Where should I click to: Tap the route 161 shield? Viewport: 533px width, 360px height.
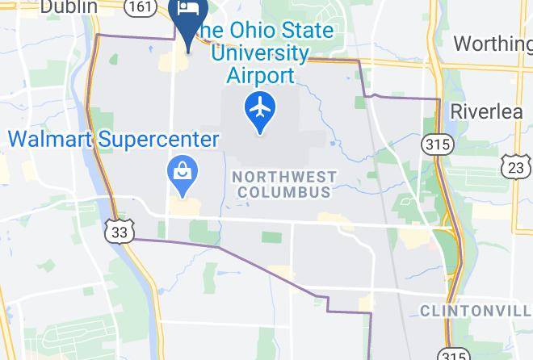[x=141, y=6]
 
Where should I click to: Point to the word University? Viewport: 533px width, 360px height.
[x=259, y=54]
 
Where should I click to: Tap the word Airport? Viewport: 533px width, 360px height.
[x=260, y=77]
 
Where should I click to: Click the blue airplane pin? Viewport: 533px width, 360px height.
[x=260, y=111]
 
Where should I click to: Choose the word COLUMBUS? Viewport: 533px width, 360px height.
[x=283, y=192]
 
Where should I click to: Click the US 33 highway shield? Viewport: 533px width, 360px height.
[x=118, y=232]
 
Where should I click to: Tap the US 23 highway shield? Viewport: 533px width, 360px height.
[x=516, y=166]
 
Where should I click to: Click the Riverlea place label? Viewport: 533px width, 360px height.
[x=487, y=111]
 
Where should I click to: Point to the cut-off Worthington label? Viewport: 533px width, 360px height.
[x=493, y=43]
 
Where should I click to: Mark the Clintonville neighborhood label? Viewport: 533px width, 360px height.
[x=476, y=311]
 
